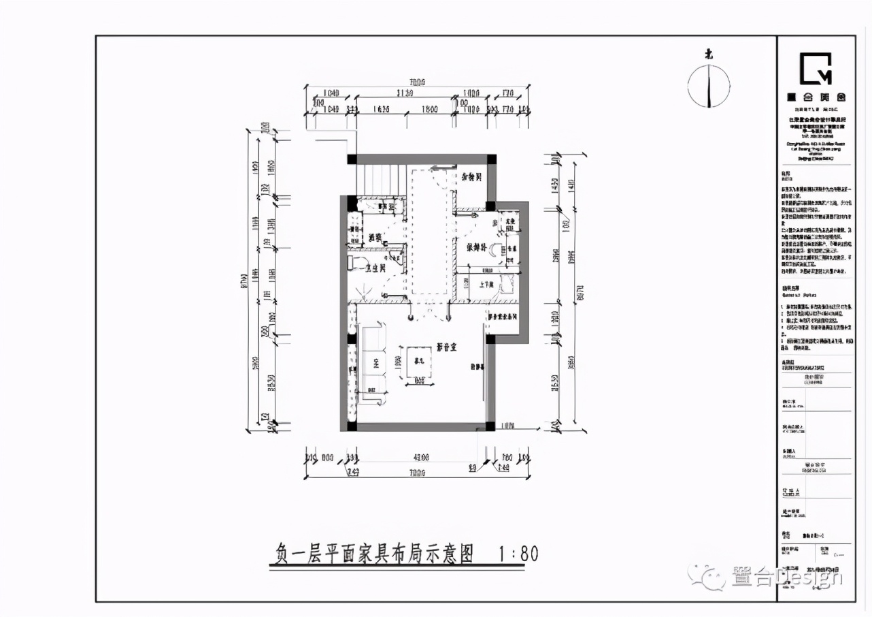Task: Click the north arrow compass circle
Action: click(x=709, y=86)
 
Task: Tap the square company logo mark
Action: click(x=815, y=68)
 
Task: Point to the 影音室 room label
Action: click(x=446, y=347)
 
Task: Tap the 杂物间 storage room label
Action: click(x=471, y=178)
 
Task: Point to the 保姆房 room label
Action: click(x=476, y=248)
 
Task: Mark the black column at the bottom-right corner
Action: click(x=490, y=426)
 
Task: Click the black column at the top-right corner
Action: click(x=491, y=159)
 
